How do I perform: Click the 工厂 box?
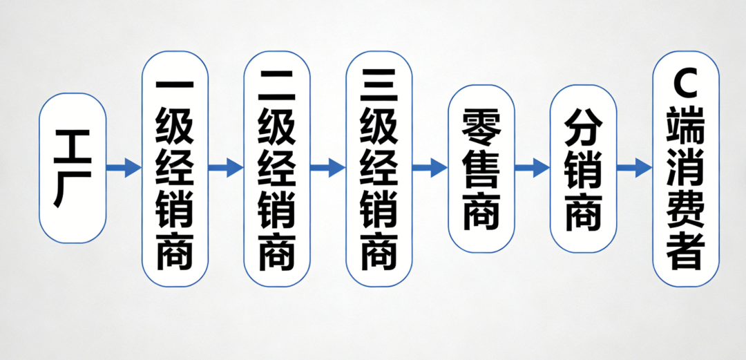coord(73,168)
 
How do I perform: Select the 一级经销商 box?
coord(175,168)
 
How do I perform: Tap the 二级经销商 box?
coord(277,168)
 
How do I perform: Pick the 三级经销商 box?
coord(379,168)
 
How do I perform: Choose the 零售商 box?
coord(481,168)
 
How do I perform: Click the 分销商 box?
coord(584,168)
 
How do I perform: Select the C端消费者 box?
coord(686,168)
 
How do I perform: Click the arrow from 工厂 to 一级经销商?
coord(124,167)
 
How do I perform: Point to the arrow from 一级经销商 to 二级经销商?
coord(226,167)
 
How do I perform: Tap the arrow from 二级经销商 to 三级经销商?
coord(328,167)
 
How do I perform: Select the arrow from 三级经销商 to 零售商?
coord(430,167)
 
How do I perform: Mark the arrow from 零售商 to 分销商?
coord(533,167)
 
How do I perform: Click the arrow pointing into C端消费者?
coord(635,167)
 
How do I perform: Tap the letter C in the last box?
coord(686,86)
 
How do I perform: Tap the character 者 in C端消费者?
coord(686,252)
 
